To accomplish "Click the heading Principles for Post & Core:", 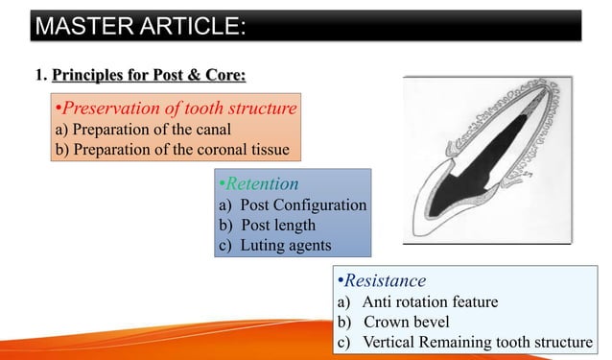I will coord(154,75).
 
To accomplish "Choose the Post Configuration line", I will coord(293,205).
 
